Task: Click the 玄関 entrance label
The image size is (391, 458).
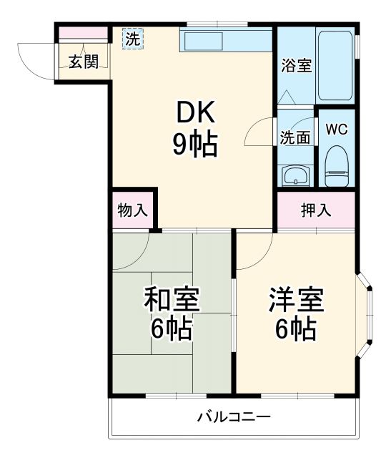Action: tap(83, 61)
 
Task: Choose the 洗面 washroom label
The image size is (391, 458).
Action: tap(295, 137)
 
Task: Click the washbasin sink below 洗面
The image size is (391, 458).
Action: tap(294, 175)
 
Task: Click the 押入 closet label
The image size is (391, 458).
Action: tap(315, 210)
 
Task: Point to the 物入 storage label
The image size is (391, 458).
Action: tap(132, 210)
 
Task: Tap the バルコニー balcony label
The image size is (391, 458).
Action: tap(234, 416)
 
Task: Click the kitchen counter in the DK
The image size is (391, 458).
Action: tap(226, 40)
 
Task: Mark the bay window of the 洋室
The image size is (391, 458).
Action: tap(366, 313)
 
